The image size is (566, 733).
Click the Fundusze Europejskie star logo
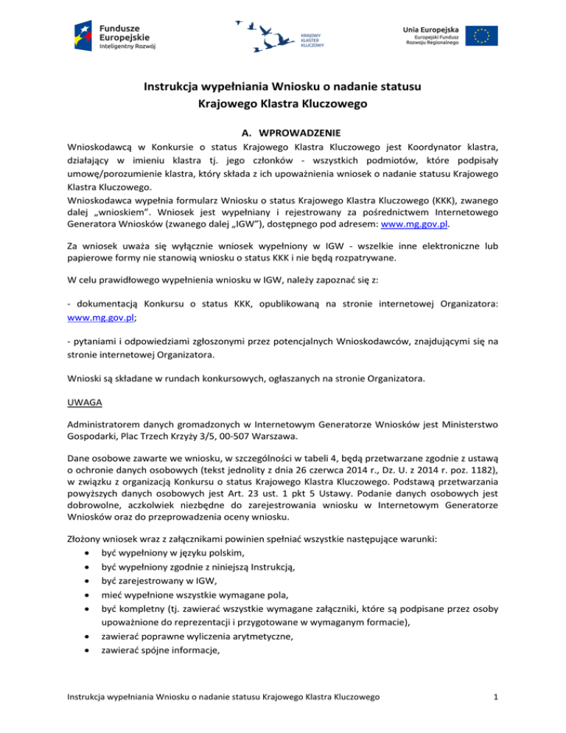[x=82, y=33]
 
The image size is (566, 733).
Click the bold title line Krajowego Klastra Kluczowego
[x=283, y=105]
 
